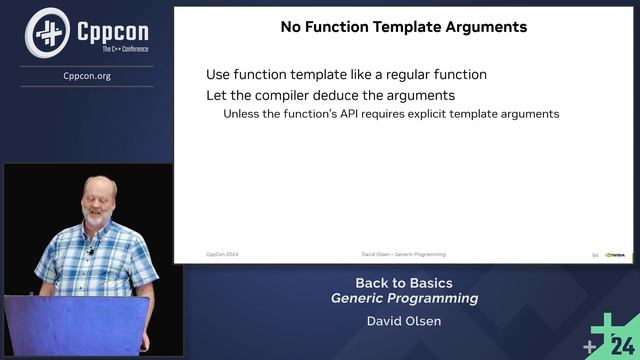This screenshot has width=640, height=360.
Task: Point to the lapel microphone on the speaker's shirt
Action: click(90, 251)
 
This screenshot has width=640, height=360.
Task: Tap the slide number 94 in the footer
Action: click(595, 255)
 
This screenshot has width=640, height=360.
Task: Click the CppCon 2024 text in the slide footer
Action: click(222, 255)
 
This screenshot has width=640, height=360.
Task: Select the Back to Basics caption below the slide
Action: click(404, 282)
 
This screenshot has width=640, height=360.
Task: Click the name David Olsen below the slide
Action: click(404, 322)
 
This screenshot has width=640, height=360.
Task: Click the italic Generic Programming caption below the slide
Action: click(404, 298)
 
